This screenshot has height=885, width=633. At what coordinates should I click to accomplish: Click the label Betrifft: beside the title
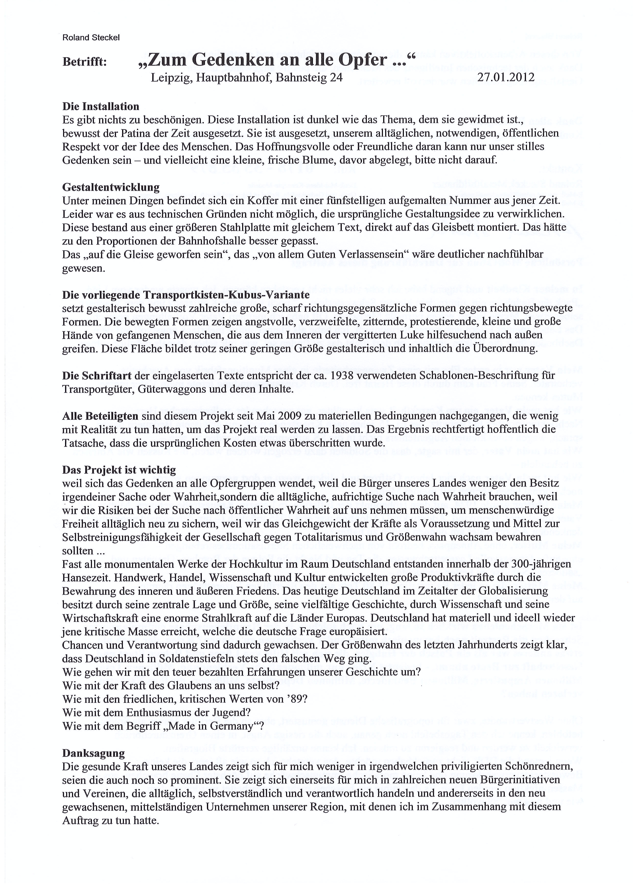pos(84,62)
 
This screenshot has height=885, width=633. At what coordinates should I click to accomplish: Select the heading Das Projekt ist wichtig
pos(119,470)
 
